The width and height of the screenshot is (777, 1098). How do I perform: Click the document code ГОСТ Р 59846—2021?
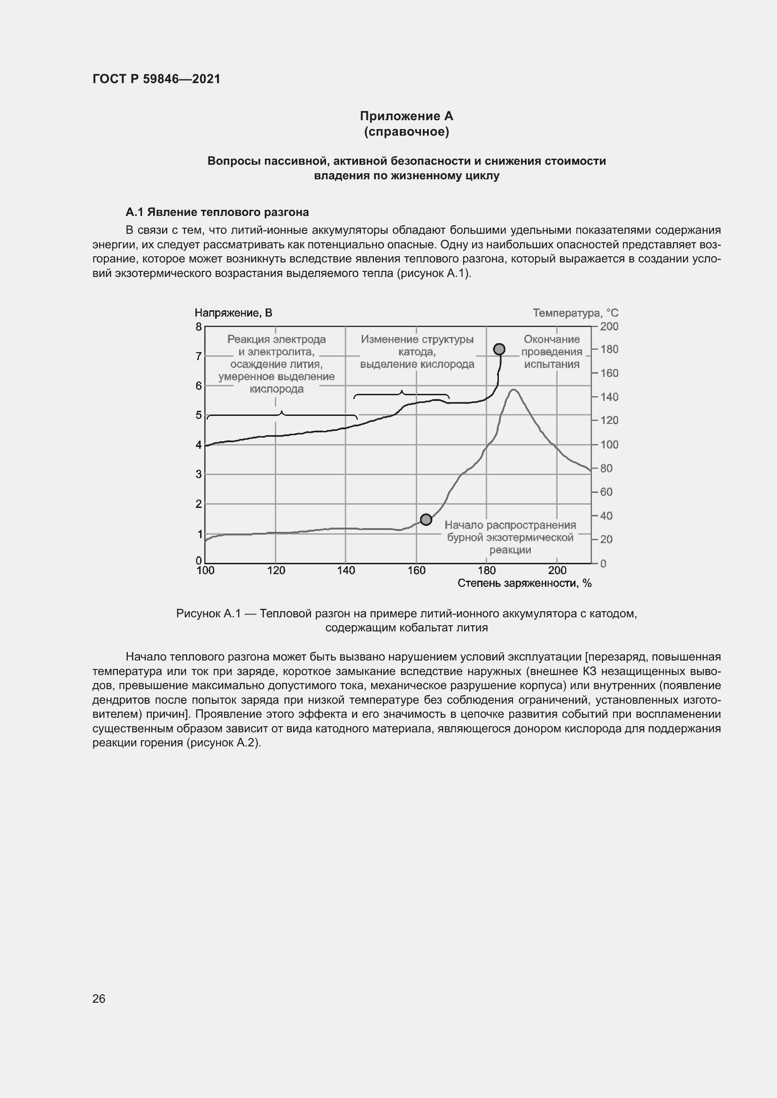pos(156,79)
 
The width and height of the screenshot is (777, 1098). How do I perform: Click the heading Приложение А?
pos(406,116)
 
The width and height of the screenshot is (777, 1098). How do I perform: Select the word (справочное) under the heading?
pos(406,132)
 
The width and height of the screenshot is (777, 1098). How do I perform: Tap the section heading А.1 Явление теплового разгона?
pos(217,212)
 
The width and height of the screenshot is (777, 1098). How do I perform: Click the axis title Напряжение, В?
pos(233,313)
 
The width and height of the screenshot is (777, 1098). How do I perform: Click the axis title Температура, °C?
pos(575,313)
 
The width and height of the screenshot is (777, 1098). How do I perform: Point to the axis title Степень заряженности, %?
pos(524,583)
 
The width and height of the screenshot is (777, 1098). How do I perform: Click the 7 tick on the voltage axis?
pos(199,356)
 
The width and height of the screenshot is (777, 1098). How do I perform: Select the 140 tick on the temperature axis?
pos(609,397)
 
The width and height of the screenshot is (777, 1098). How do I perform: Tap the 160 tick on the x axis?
pos(416,570)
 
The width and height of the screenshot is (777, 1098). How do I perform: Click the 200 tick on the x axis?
pos(557,570)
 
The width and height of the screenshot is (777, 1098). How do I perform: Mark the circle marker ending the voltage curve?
pos(499,349)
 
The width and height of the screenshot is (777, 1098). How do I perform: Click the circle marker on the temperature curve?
pos(426,519)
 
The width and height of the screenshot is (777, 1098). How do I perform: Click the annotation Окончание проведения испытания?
pos(551,352)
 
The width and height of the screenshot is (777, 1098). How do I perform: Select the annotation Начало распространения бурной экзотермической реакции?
pos(510,537)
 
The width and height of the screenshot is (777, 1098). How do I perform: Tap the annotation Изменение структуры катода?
pos(417,352)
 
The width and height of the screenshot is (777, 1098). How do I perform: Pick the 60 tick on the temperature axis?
pos(606,492)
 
